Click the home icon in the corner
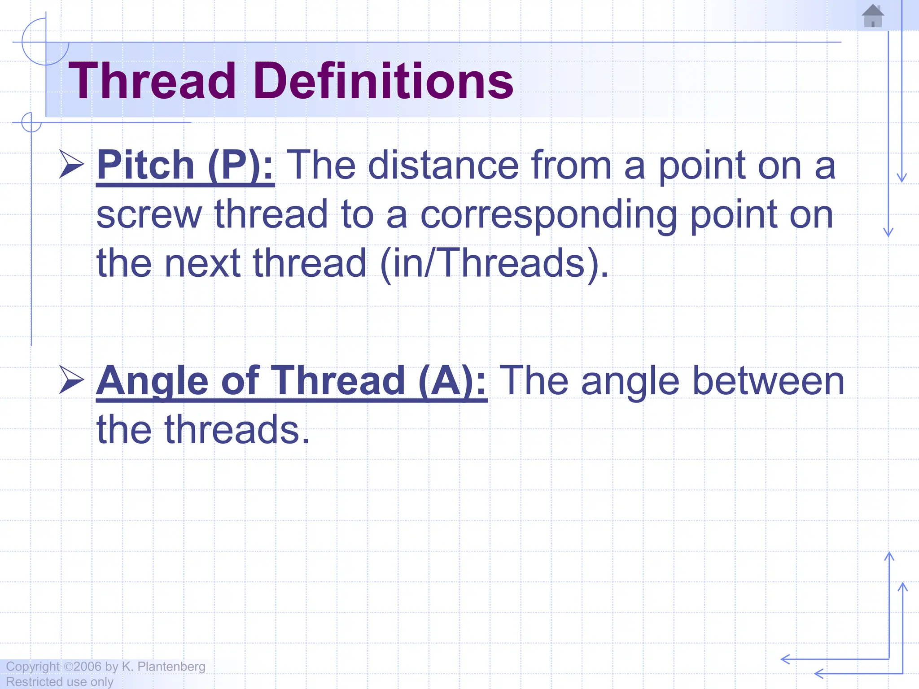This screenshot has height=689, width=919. (x=873, y=17)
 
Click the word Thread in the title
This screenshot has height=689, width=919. (x=152, y=82)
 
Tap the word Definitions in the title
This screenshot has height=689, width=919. (x=383, y=82)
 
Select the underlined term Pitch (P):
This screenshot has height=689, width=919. (x=185, y=166)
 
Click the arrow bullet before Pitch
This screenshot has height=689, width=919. (x=71, y=165)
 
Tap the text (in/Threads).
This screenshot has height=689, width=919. (x=494, y=264)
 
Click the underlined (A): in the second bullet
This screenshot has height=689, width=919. (x=452, y=381)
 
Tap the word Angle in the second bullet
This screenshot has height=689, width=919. (x=153, y=381)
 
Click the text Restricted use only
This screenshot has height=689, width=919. (x=60, y=682)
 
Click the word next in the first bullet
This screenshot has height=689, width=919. (x=202, y=264)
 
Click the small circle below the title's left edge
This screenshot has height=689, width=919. (x=31, y=122)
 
